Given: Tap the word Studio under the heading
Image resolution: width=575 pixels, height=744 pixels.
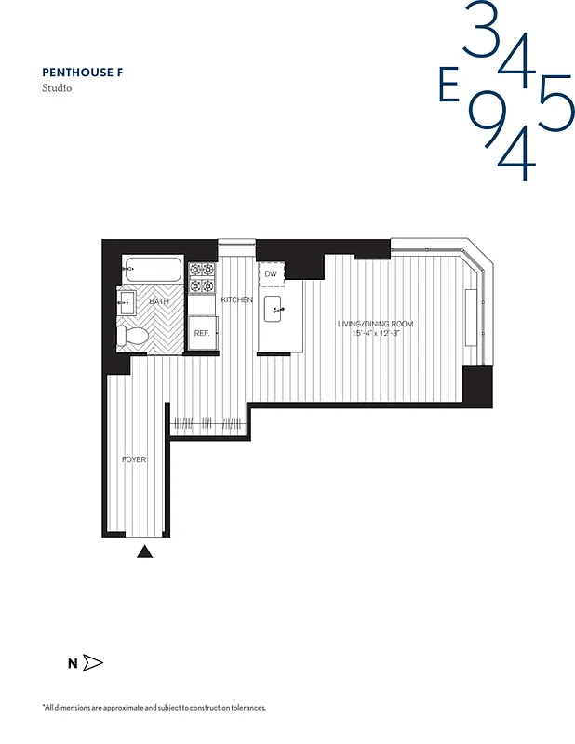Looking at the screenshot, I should pyautogui.click(x=57, y=88).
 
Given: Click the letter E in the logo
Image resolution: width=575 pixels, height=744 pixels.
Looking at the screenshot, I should pyautogui.click(x=448, y=88).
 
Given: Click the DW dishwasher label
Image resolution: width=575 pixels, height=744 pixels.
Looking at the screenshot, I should pyautogui.click(x=271, y=274).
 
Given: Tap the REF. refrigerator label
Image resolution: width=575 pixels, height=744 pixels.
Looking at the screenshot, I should pyautogui.click(x=201, y=332).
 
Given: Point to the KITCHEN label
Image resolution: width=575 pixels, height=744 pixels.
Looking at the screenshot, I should pyautogui.click(x=236, y=299).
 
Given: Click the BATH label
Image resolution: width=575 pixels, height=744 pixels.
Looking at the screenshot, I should pyautogui.click(x=159, y=302).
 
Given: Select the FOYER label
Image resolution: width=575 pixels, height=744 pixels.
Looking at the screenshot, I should pyautogui.click(x=134, y=459).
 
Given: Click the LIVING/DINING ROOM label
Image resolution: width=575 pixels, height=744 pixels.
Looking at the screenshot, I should pyautogui.click(x=375, y=324).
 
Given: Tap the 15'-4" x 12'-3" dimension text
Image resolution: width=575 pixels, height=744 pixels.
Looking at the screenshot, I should pyautogui.click(x=375, y=333).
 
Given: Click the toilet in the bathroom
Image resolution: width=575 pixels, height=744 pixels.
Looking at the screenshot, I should pyautogui.click(x=130, y=336).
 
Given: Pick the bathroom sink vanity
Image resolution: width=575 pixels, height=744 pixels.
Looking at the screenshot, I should pyautogui.click(x=127, y=302).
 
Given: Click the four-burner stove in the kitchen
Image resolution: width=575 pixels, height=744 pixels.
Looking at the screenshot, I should pyautogui.click(x=202, y=277).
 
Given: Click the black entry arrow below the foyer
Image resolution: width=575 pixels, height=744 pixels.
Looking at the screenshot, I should pyautogui.click(x=144, y=551).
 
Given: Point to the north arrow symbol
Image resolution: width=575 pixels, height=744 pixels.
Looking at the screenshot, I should pyautogui.click(x=92, y=663).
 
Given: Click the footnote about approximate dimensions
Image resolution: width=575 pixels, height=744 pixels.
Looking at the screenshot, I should pyautogui.click(x=154, y=708).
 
